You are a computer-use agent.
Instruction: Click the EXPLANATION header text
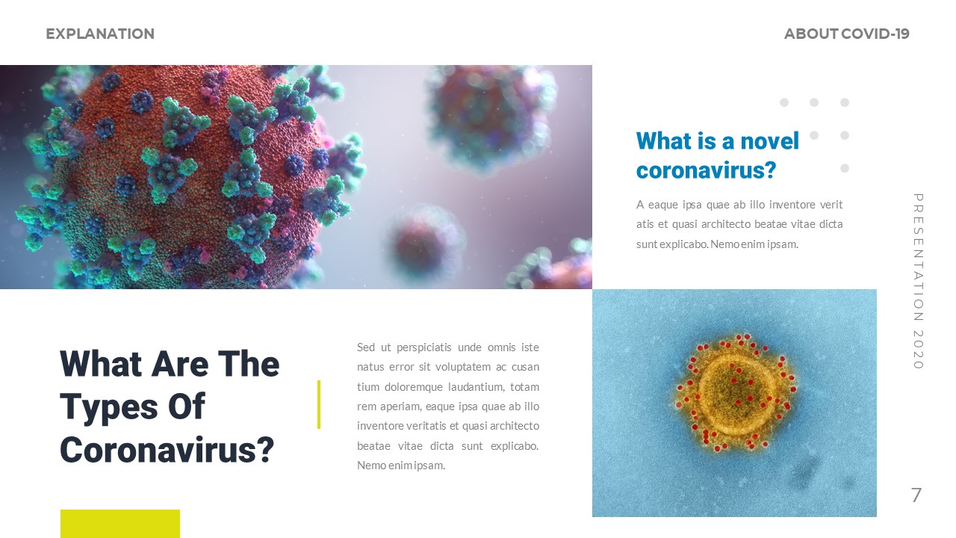click(100, 34)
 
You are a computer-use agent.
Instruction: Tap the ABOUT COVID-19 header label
click(846, 34)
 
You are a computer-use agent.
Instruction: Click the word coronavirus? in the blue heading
click(706, 170)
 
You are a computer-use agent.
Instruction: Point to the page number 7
click(916, 495)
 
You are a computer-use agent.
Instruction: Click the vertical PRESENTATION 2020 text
click(919, 281)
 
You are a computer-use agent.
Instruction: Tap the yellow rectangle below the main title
click(119, 523)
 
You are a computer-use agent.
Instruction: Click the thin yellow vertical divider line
click(319, 404)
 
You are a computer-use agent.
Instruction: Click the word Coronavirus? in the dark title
click(167, 450)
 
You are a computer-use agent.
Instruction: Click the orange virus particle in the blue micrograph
click(736, 393)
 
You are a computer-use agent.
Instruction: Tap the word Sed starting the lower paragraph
click(366, 347)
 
